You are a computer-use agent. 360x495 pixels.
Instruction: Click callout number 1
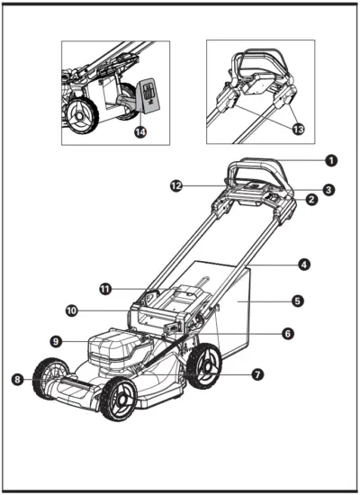(x=330, y=160)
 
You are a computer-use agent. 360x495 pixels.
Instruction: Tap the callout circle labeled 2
(x=311, y=200)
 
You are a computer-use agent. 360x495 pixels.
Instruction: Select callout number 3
(x=330, y=189)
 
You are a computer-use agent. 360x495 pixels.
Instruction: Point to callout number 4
(x=305, y=265)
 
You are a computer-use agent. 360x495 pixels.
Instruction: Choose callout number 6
(x=286, y=333)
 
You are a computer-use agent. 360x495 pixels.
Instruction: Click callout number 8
(x=17, y=380)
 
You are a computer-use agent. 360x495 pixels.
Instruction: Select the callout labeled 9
(x=56, y=342)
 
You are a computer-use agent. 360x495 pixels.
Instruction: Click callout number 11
(x=105, y=289)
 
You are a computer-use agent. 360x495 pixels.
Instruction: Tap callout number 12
(x=177, y=185)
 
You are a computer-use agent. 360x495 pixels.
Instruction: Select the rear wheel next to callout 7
(x=204, y=367)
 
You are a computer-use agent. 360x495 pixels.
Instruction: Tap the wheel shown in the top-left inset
(x=80, y=116)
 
